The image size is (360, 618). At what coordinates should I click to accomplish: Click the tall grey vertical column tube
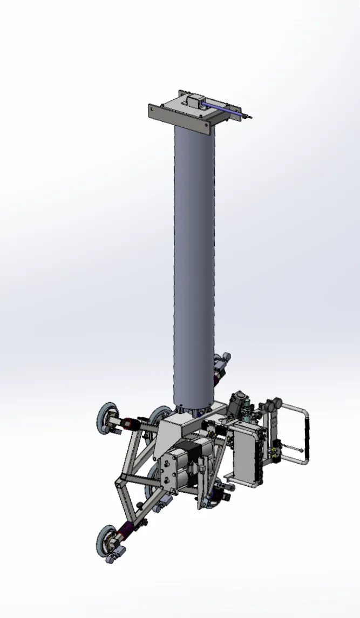coord(194,259)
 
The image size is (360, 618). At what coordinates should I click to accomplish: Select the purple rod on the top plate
coord(221,108)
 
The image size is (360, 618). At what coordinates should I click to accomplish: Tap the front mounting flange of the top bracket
coord(178,119)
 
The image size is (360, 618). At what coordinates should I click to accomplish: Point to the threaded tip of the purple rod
coord(248,116)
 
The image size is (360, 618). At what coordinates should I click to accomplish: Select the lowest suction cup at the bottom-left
coord(107,542)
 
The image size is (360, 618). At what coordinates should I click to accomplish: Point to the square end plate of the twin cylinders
coord(167,472)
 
